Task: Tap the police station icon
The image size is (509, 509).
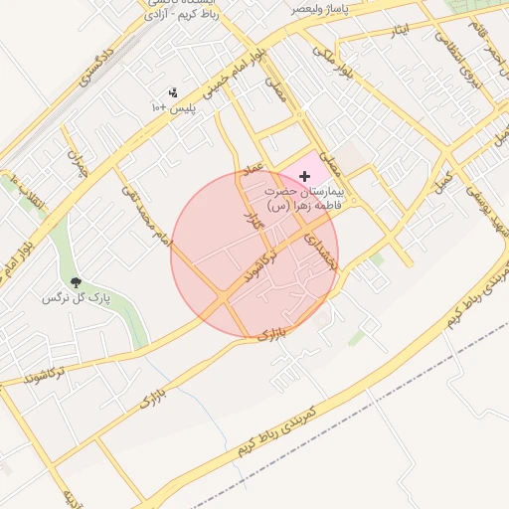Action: point(174,92)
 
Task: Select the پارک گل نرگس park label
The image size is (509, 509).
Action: point(76,298)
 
